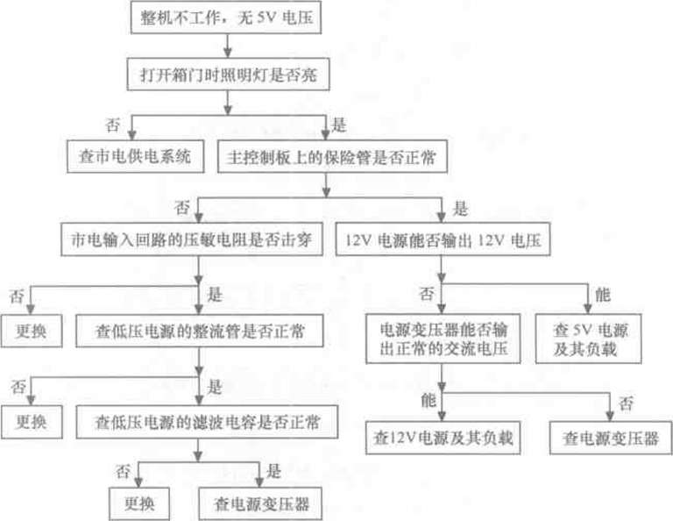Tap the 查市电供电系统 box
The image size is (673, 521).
tap(130, 158)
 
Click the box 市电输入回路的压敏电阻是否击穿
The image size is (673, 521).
tap(190, 239)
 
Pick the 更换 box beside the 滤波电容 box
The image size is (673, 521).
tap(32, 421)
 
